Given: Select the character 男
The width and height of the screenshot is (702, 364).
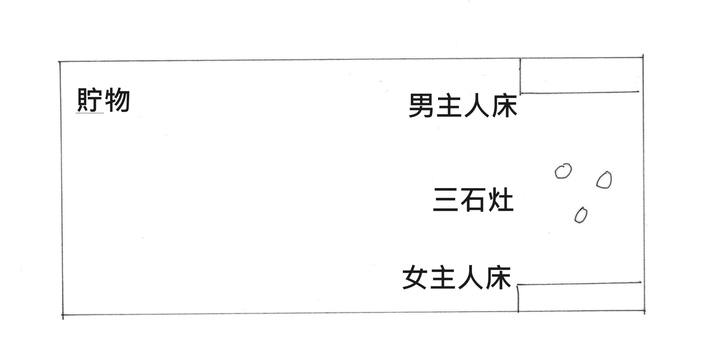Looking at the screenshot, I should pos(421,106).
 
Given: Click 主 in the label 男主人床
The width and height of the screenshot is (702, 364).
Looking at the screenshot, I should pos(449,106).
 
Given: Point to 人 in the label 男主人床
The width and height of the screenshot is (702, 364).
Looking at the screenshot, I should pos(476,106).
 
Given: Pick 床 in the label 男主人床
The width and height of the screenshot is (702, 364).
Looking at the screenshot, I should pos(504,106).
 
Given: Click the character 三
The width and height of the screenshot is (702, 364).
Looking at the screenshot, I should pos(446,199).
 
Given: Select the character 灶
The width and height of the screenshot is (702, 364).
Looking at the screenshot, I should pos(500,199).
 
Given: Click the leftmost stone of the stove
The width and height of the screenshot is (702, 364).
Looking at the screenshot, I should pos(563,171).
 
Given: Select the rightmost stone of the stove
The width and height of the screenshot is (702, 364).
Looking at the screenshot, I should pos(604,180).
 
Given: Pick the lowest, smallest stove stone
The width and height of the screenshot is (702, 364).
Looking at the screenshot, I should pos(581,215).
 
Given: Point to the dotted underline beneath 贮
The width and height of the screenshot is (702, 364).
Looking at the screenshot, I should pos(89,112).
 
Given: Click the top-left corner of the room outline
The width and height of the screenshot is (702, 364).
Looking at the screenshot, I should pos(60,62).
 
